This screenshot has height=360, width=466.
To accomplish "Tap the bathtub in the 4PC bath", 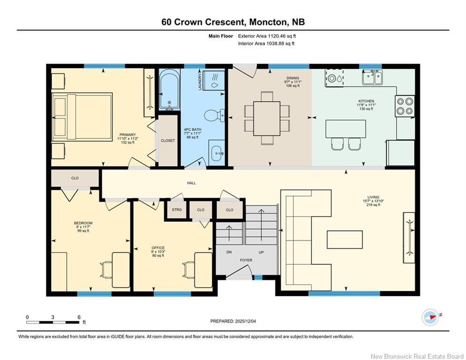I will click(169, 89).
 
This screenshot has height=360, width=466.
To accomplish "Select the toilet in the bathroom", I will click(216, 115).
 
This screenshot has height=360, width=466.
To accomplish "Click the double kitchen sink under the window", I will click(372, 77).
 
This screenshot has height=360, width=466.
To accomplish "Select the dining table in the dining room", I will click(267, 118).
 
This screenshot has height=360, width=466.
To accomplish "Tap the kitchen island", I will click(346, 128).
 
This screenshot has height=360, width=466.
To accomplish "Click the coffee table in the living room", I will click(344, 239).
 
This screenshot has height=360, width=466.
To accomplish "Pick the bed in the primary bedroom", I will click(82, 117).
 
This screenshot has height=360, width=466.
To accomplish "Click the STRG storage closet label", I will click(177, 210).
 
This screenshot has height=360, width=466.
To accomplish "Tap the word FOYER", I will click(246, 260).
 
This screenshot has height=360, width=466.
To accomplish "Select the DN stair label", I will click(229, 252).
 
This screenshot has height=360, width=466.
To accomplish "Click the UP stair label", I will click(261, 252).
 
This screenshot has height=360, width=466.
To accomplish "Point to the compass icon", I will click(430, 317).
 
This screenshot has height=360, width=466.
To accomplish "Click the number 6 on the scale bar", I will click(79, 317).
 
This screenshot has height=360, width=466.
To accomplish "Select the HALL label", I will click(191, 183).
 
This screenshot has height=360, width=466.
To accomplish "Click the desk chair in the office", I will click(190, 270).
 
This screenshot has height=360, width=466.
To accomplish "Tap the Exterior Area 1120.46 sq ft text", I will click(267, 36).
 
